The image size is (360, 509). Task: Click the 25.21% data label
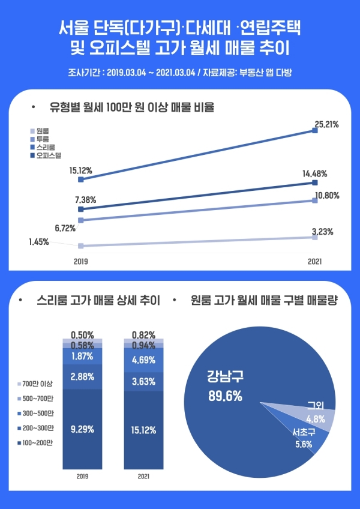[326, 125]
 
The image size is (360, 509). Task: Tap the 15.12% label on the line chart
[80, 170]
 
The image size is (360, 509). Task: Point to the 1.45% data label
[38, 242]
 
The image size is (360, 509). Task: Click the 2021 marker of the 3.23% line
[314, 238]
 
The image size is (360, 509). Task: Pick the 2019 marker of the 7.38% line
[80, 209]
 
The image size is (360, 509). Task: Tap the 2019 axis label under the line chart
[80, 262]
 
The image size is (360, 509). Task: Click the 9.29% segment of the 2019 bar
[82, 429]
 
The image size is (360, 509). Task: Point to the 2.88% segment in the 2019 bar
[82, 377]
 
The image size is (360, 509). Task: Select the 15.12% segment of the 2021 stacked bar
[143, 430]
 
